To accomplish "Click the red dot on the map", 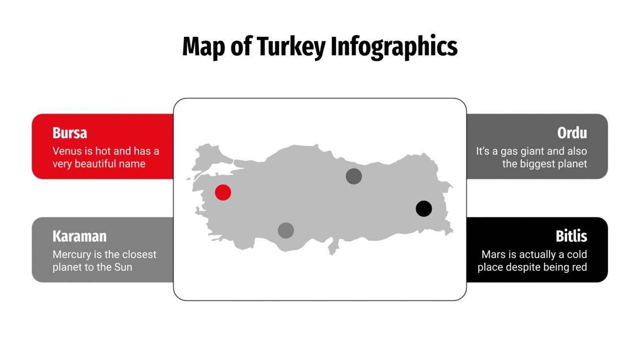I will coord(223,192).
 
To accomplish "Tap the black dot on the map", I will coord(423,209).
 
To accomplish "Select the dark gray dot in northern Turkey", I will coord(354,177).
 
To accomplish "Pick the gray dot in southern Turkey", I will coord(286,231).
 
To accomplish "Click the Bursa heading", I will coord(70,133).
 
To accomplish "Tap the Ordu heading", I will coord(572,133).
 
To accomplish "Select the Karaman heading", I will coord(80,236).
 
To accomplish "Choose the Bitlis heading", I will coord(571,236).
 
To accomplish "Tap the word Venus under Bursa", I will coord(67,151).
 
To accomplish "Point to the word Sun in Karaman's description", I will coord(123,267).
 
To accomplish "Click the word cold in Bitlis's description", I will coord(576,255).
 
